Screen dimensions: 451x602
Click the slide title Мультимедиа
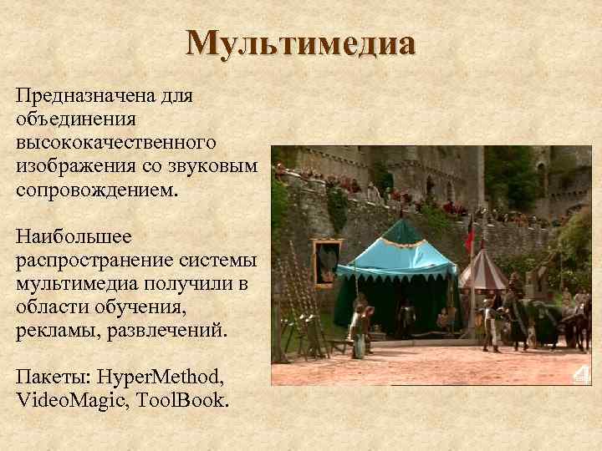(x=300, y=44)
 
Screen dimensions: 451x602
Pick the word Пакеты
(x=48, y=376)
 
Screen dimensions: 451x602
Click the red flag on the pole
(x=470, y=235)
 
